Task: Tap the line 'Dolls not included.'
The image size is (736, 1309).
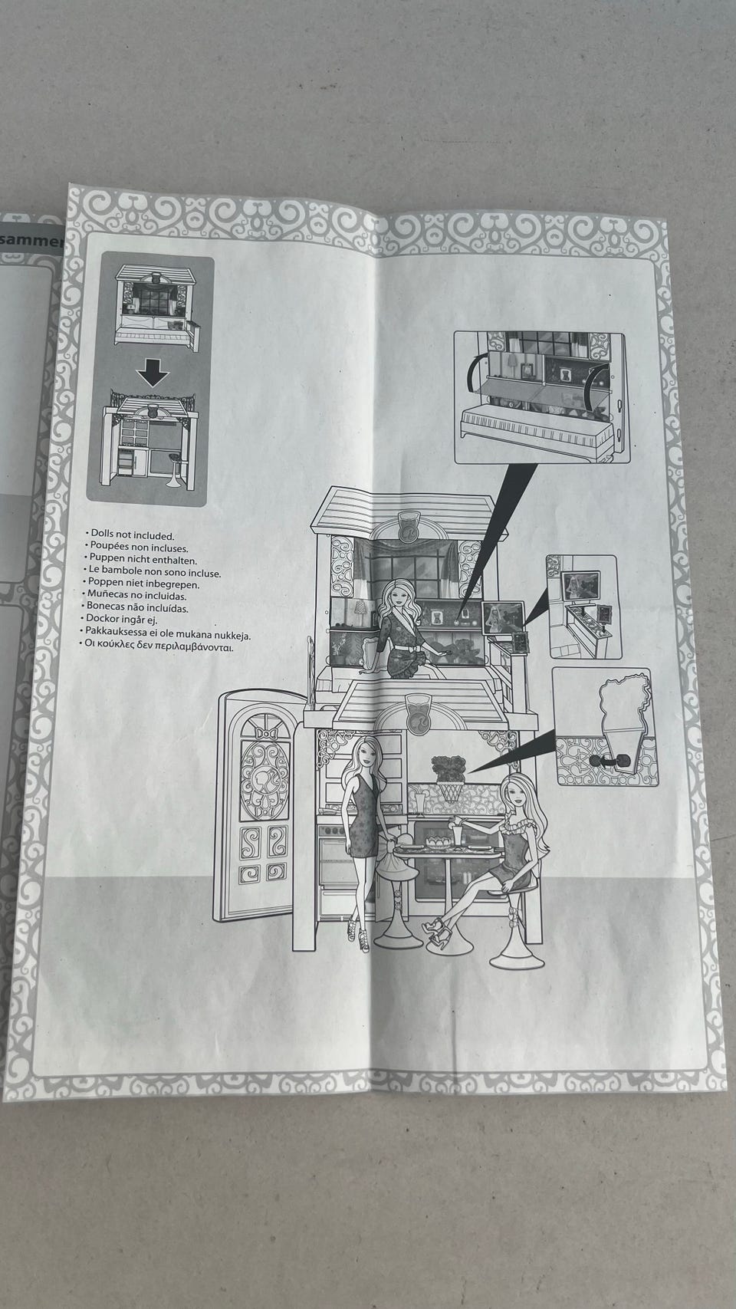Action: click(x=132, y=536)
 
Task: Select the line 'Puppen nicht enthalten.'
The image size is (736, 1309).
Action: click(x=143, y=561)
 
